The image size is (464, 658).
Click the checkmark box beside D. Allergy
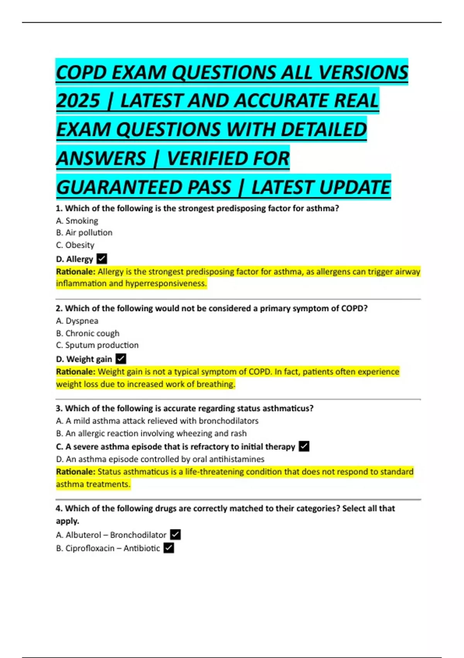click(x=102, y=259)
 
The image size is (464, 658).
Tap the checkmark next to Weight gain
click(x=121, y=359)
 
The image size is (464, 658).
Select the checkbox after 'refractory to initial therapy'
click(x=304, y=446)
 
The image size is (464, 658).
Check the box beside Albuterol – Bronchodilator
click(x=175, y=535)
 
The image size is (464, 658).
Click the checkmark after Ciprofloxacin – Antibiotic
click(x=169, y=548)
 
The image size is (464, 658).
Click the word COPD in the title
click(x=81, y=72)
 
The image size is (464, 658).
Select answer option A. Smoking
click(x=77, y=221)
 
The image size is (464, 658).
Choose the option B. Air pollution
click(x=84, y=233)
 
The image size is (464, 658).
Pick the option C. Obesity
click(x=75, y=245)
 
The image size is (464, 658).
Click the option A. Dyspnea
click(x=77, y=321)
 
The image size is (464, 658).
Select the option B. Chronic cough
click(x=87, y=333)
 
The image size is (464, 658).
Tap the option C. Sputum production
click(x=97, y=345)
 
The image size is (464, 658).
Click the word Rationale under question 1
click(x=75, y=272)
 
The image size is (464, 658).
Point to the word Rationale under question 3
click(x=75, y=472)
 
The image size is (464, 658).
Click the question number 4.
click(x=59, y=508)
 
